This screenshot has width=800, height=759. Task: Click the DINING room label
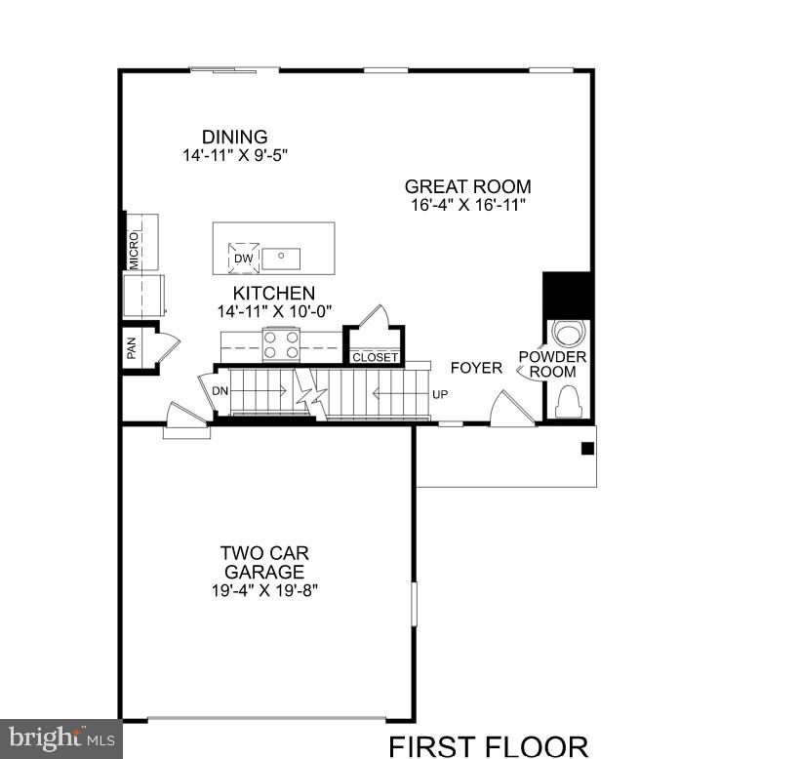(234, 137)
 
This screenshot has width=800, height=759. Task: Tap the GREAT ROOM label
(468, 186)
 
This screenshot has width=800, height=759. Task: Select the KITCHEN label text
(273, 293)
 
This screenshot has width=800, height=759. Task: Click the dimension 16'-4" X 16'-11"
(468, 205)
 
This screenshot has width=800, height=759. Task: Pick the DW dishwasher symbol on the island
(244, 258)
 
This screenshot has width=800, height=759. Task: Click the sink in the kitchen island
(281, 259)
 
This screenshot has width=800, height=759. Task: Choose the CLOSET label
(375, 357)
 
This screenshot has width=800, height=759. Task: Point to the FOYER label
(476, 368)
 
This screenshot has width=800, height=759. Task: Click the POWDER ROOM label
(552, 364)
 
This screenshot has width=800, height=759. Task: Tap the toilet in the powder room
(568, 400)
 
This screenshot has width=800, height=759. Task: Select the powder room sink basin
(568, 331)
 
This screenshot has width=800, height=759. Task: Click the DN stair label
(220, 391)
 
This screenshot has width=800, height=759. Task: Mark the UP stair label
(440, 395)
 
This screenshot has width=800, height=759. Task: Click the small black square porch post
(587, 449)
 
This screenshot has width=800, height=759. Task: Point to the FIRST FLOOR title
(488, 746)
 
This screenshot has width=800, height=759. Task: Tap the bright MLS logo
(60, 738)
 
